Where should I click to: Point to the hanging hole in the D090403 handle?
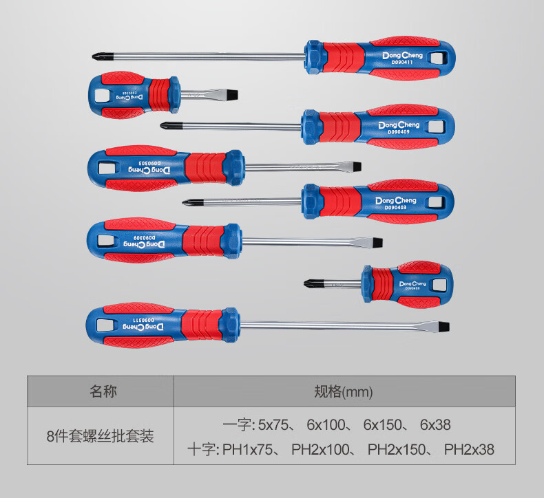(435, 201)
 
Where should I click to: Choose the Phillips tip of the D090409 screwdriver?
(166, 125)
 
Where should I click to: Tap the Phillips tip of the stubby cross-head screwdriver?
(308, 281)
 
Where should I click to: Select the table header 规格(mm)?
(343, 392)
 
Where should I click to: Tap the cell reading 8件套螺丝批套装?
(100, 435)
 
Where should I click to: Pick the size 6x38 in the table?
(435, 426)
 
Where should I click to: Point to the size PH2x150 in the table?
(392, 451)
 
